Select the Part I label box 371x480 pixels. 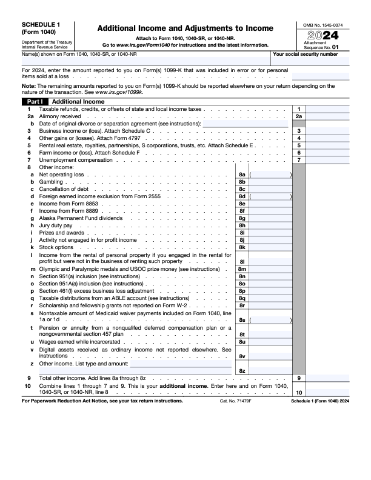pyautogui.click(x=34, y=102)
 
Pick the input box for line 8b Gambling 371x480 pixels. pyautogui.click(x=270, y=181)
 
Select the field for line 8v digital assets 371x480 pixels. pyautogui.click(x=270, y=356)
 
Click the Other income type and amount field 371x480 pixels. pyautogui.click(x=181, y=364)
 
